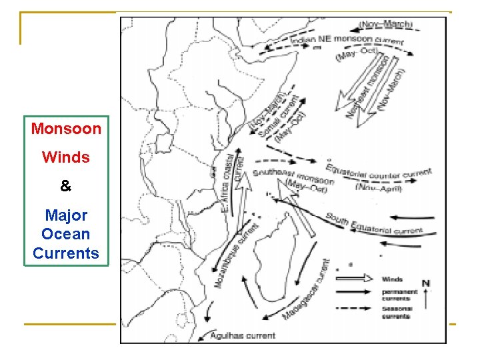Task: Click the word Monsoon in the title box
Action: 66,128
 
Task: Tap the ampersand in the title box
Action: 65,187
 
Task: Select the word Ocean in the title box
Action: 65,235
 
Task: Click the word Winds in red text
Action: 65,157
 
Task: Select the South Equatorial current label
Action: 373,224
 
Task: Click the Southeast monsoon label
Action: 293,177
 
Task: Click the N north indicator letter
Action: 425,283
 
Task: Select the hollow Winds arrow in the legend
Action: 353,279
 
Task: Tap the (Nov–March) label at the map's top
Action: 387,24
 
